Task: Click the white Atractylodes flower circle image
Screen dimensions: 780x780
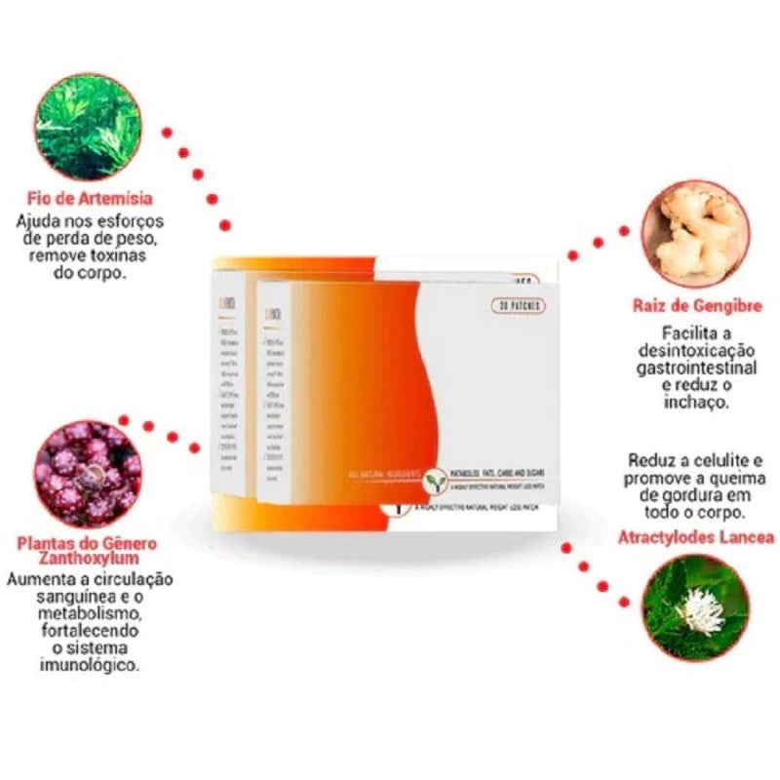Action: [x=696, y=606]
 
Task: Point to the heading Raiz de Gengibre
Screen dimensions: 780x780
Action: [x=696, y=305]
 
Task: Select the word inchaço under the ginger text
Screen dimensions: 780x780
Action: [x=696, y=402]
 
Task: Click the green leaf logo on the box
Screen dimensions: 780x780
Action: [x=434, y=480]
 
